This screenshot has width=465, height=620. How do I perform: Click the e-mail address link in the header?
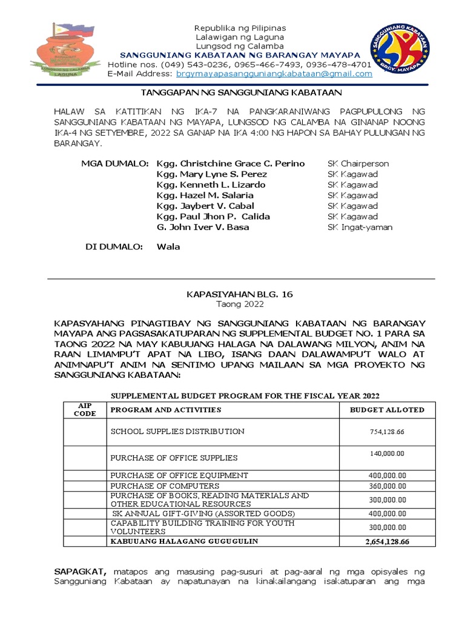point(274,74)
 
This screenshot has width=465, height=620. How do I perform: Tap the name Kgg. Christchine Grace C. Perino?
point(230,163)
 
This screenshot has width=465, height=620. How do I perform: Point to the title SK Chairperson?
point(358,163)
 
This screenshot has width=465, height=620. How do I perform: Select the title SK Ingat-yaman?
point(360,227)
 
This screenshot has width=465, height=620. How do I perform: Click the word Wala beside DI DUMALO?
point(168,247)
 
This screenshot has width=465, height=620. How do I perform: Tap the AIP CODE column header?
point(85,409)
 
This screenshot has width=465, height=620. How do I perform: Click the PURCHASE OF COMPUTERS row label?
point(165,486)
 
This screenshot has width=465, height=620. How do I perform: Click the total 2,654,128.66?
point(387,541)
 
